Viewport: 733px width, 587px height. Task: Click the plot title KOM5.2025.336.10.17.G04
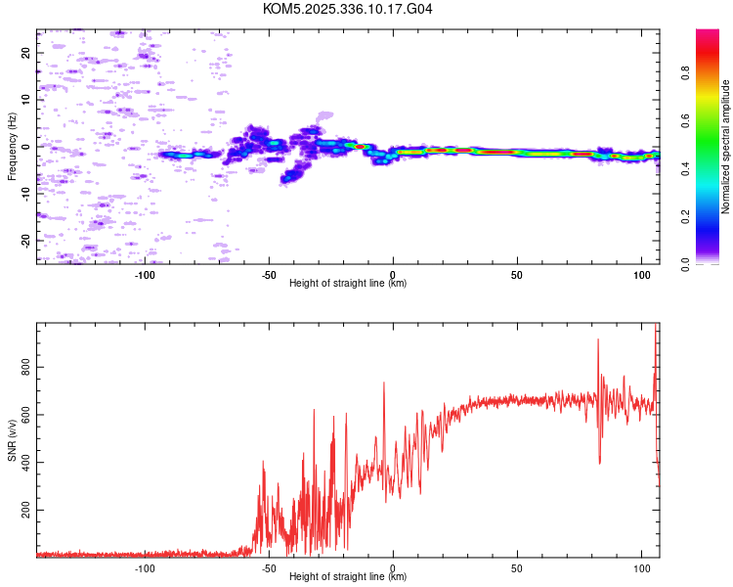pyautogui.click(x=348, y=9)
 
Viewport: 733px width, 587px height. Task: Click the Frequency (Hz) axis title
pyautogui.click(x=12, y=147)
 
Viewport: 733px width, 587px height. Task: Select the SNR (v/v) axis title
pyautogui.click(x=12, y=440)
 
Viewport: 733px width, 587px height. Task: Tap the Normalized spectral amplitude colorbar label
pyautogui.click(x=726, y=147)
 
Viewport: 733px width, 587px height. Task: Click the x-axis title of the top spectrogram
pyautogui.click(x=348, y=283)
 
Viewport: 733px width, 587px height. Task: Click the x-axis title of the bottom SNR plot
pyautogui.click(x=348, y=576)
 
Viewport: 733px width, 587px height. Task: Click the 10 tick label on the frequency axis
pyautogui.click(x=25, y=100)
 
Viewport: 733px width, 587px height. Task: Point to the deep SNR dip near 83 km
pyautogui.click(x=599, y=462)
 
